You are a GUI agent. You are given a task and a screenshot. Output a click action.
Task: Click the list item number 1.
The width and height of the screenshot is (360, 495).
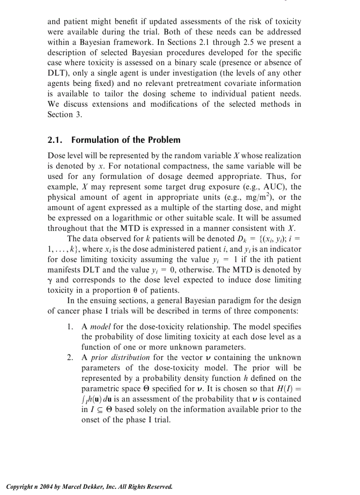(70, 327)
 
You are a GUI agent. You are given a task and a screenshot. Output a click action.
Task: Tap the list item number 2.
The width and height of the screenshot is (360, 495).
(70, 357)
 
